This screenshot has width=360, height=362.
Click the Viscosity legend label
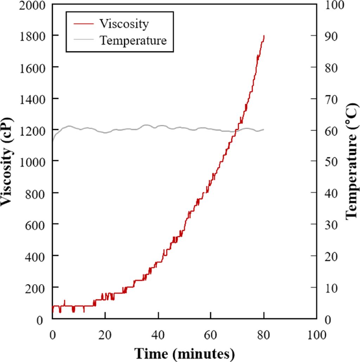point(124,24)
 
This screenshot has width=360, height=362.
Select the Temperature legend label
point(133,40)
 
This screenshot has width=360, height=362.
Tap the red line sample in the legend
point(83,24)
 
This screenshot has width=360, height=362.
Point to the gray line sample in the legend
point(83,40)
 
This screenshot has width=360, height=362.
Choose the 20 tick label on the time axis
point(105,335)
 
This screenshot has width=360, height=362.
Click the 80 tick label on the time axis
point(264,335)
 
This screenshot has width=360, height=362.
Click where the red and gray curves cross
point(236,131)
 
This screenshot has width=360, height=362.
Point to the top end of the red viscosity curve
point(264,35)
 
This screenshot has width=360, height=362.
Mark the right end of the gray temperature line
point(264,130)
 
